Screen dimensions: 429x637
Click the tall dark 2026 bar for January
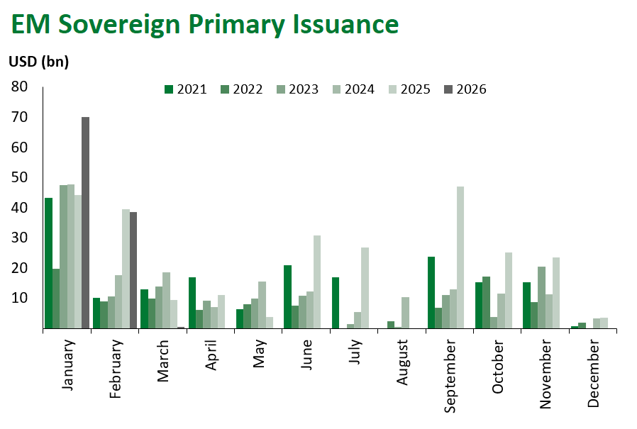coord(85,223)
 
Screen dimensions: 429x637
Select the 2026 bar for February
coord(133,270)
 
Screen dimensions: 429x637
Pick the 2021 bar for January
coord(48,263)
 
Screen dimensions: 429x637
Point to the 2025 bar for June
coord(317,282)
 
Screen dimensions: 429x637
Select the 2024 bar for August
coord(406,313)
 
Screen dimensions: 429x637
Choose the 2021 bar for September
coord(431,293)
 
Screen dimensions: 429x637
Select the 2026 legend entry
coord(465,89)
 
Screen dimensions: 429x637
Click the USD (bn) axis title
coord(38,62)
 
